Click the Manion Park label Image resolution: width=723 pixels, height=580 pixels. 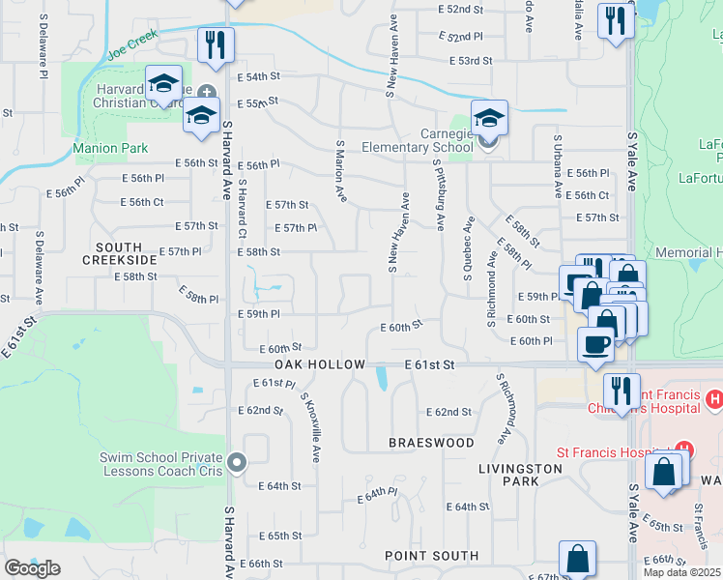click(x=110, y=148)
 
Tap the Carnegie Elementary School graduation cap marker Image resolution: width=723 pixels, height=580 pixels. click(x=489, y=117)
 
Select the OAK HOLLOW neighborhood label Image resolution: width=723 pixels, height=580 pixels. click(x=320, y=364)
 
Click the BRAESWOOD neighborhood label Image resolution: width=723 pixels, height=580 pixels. click(x=431, y=442)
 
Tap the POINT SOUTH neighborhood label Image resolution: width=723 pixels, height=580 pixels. click(x=431, y=556)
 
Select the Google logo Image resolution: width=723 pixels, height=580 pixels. click(x=32, y=568)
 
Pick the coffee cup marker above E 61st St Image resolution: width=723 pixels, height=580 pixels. click(x=594, y=343)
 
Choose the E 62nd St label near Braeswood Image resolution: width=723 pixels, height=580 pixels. click(x=448, y=412)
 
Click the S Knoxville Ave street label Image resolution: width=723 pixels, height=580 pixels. click(x=310, y=426)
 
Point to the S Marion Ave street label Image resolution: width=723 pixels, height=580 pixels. click(x=341, y=170)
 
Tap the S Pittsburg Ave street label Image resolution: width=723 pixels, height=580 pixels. click(x=440, y=196)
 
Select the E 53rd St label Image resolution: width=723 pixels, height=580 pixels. click(x=471, y=61)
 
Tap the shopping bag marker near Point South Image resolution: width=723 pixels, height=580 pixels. click(x=577, y=558)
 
